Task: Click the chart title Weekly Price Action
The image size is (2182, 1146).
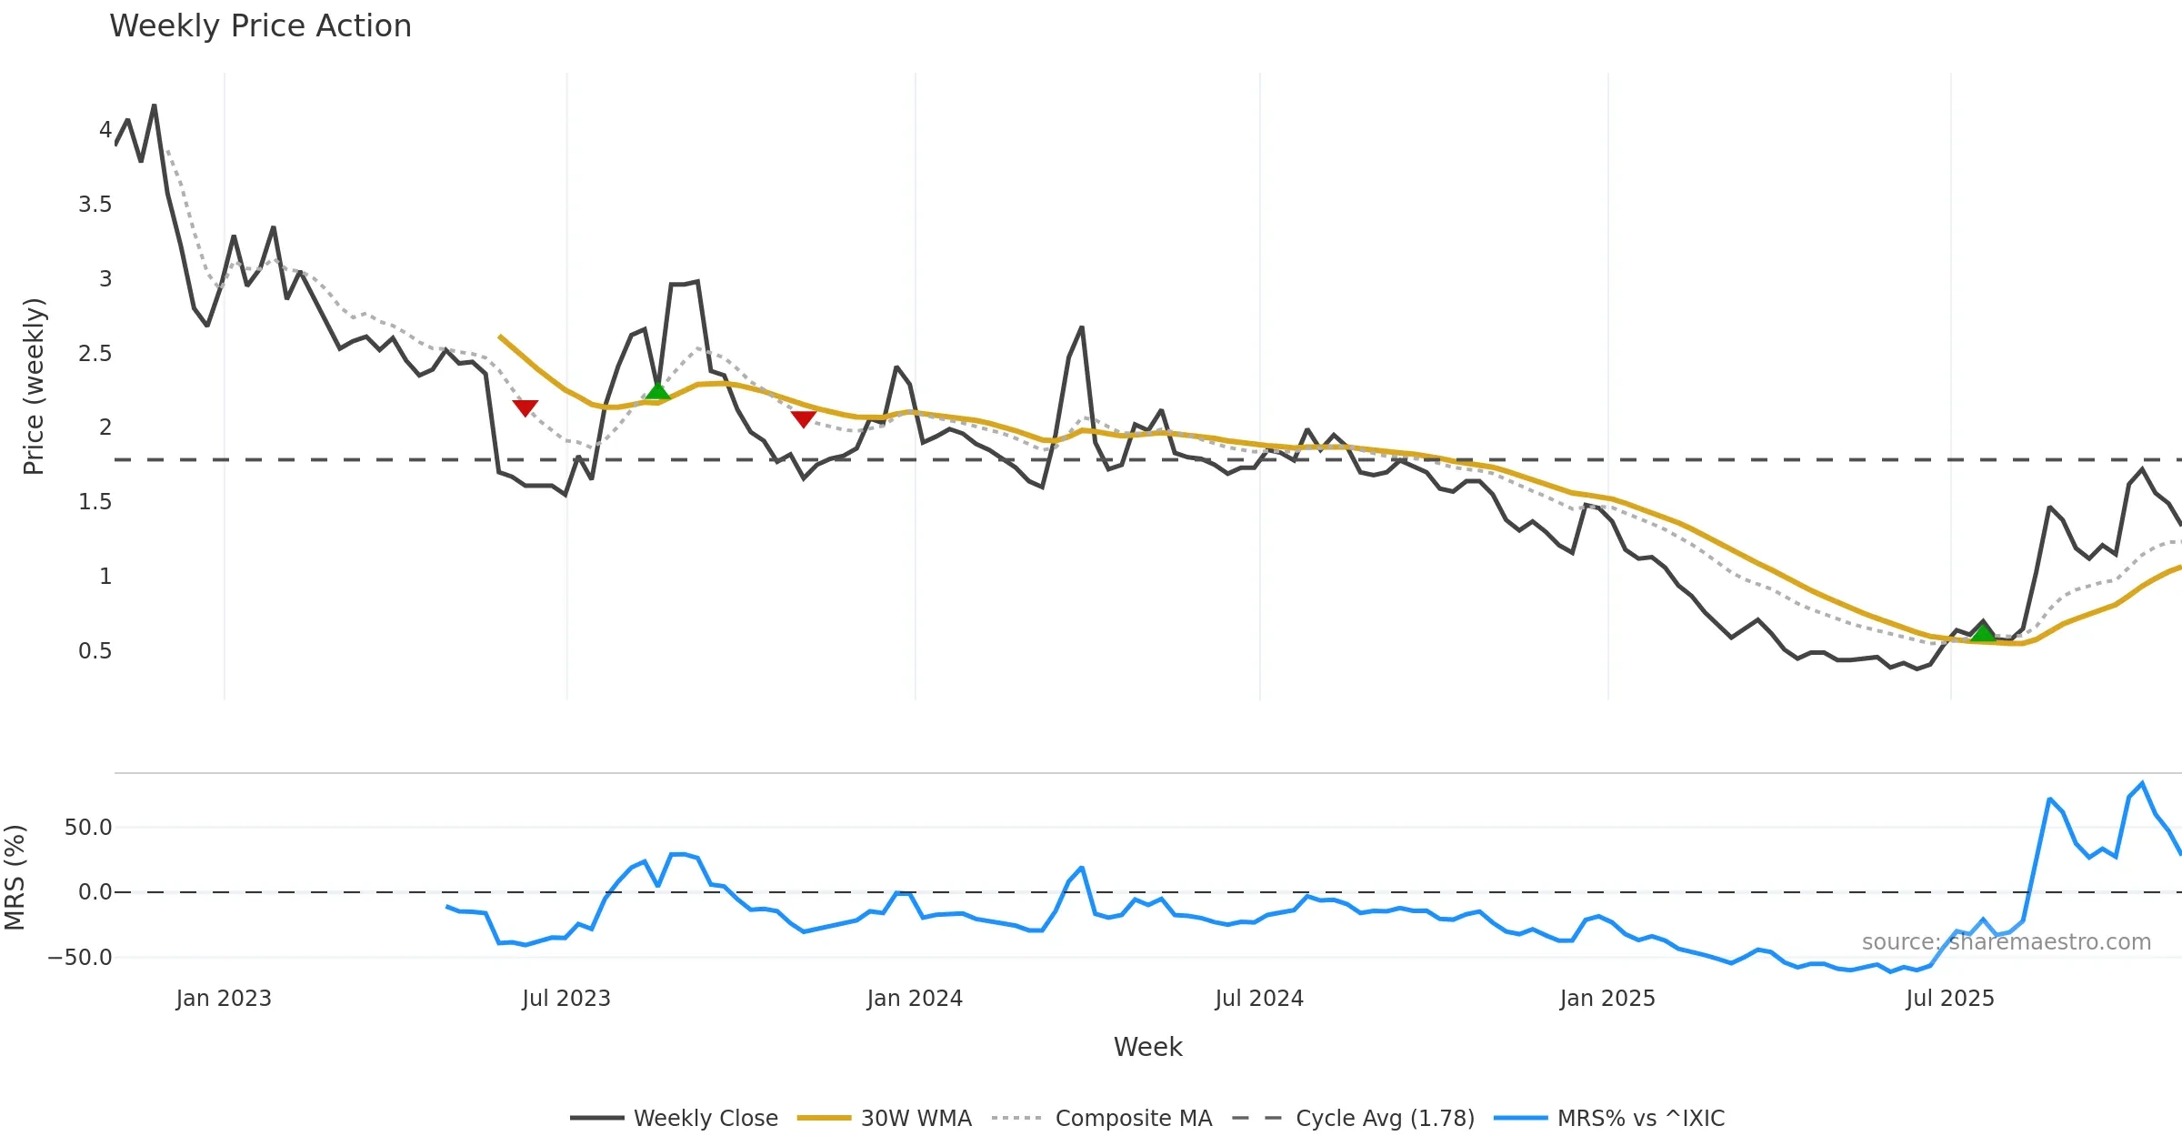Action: [x=260, y=26]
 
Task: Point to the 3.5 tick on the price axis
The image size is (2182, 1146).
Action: [x=95, y=205]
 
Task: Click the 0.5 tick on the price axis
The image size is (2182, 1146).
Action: [x=95, y=651]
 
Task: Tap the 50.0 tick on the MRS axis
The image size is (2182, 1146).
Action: [x=88, y=828]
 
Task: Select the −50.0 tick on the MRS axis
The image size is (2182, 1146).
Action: [x=80, y=958]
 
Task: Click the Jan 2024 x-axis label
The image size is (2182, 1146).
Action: [x=915, y=999]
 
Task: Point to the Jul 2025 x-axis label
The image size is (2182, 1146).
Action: [x=1950, y=999]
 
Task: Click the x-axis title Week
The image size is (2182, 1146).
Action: [x=1147, y=1048]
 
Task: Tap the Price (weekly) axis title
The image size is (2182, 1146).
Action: [x=34, y=387]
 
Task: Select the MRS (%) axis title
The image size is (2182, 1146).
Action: [x=15, y=878]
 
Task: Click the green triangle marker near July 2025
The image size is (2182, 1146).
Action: [x=1983, y=632]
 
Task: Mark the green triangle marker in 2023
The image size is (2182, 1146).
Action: [x=657, y=392]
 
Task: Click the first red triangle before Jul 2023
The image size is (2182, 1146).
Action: [x=525, y=407]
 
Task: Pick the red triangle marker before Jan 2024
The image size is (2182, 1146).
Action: [x=803, y=418]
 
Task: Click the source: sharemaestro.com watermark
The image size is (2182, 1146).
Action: [x=2006, y=942]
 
